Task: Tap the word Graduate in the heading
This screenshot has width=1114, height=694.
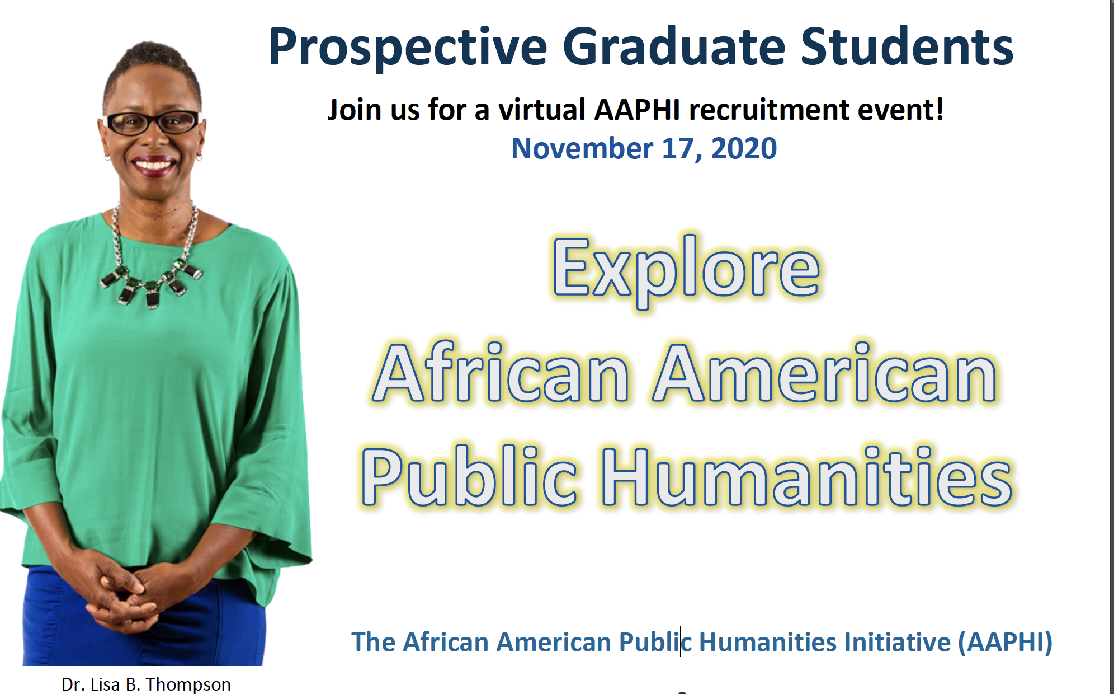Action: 674,46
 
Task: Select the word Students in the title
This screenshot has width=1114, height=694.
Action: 907,46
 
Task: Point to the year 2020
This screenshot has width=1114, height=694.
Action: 744,148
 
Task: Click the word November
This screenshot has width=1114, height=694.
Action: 582,148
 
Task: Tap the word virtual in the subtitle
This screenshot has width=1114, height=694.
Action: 542,109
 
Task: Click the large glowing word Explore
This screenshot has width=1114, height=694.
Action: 686,271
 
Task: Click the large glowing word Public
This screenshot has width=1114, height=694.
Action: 469,476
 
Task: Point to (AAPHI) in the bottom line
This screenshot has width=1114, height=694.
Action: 1005,642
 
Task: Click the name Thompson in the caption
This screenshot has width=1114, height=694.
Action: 188,684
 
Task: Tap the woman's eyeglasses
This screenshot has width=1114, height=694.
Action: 152,123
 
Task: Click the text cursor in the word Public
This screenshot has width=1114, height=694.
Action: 681,641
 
